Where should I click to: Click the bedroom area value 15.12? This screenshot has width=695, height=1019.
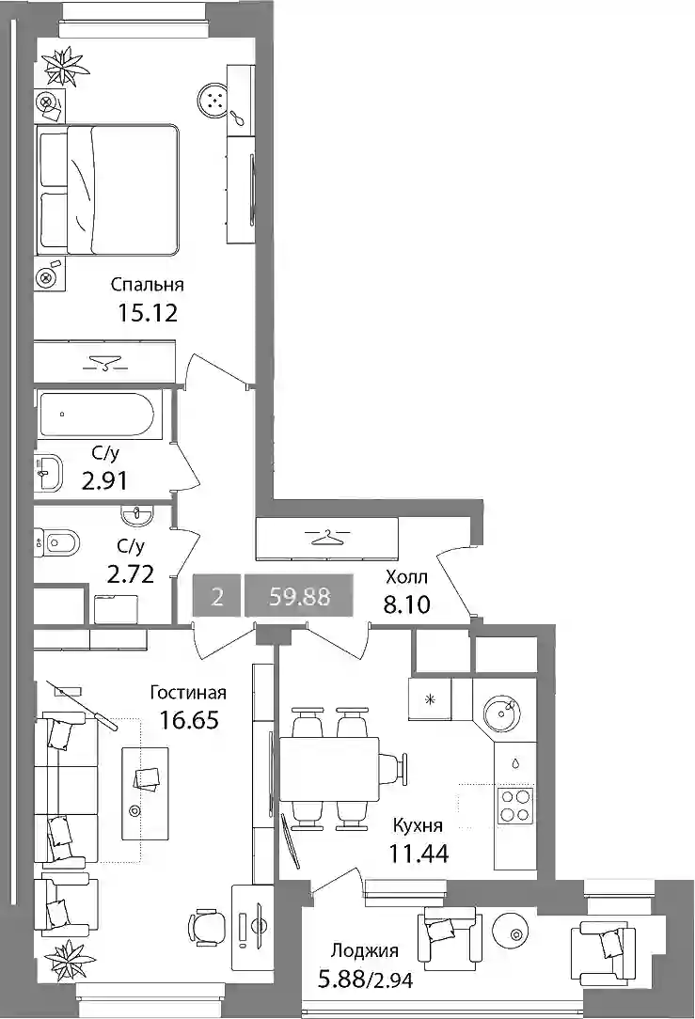click(148, 313)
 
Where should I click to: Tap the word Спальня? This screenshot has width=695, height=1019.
click(147, 285)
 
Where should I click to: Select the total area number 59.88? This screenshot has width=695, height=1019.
click(300, 596)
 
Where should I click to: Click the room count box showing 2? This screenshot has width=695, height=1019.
click(217, 596)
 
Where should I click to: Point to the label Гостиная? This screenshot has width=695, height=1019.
click(188, 693)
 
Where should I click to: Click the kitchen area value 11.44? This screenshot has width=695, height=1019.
click(419, 853)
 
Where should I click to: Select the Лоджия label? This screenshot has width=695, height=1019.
click(365, 951)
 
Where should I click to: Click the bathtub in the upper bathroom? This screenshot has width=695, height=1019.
click(96, 414)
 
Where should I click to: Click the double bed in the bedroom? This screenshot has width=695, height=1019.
click(108, 189)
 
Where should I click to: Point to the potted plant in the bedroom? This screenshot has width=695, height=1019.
click(64, 66)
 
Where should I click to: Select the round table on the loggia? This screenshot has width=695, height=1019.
click(516, 934)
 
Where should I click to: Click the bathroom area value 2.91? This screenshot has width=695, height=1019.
click(104, 481)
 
